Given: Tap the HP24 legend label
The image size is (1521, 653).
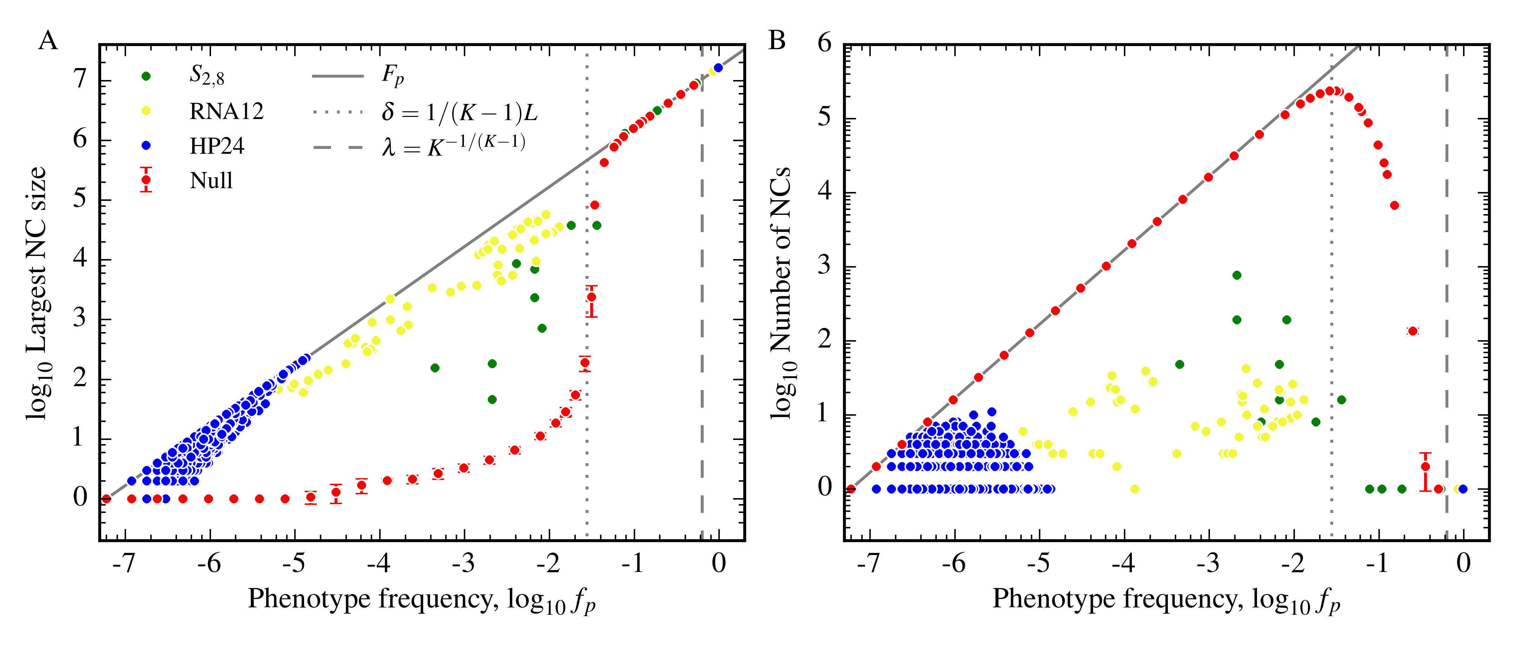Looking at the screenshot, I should (x=217, y=146).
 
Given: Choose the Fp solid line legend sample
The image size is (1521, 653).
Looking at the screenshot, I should (x=338, y=76).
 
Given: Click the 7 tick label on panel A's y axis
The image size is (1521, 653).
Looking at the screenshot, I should (x=80, y=79).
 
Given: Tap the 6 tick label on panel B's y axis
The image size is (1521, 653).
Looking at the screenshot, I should (x=825, y=44).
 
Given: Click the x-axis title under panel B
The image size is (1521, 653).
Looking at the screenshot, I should (x=1166, y=600).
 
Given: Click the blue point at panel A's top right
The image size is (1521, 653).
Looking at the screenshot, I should (x=718, y=68).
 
